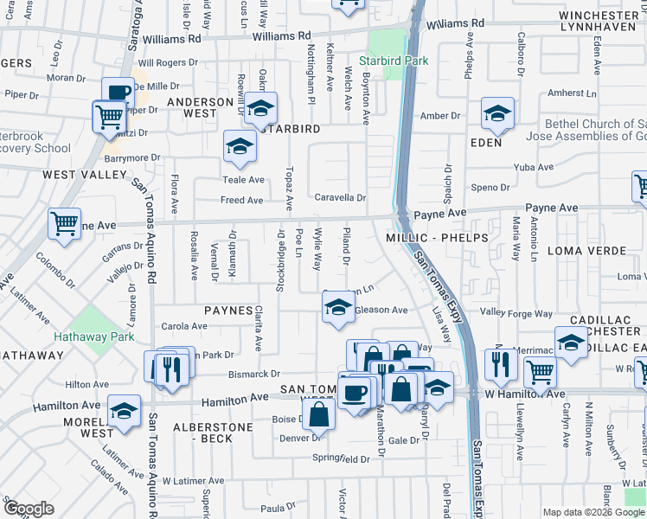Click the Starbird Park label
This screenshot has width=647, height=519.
[x=381, y=61]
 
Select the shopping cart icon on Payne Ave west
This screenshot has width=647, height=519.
[x=65, y=224]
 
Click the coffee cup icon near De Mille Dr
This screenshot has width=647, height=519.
[x=118, y=93]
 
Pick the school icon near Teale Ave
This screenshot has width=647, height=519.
[x=240, y=146]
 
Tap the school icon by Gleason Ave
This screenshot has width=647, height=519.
[x=338, y=306]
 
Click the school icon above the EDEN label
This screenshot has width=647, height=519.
[x=497, y=113]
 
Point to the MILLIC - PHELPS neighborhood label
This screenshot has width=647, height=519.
[x=437, y=237]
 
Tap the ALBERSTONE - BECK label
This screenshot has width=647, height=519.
[x=213, y=433]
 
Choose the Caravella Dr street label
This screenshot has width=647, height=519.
[x=340, y=197]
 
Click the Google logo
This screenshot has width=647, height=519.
[x=29, y=509]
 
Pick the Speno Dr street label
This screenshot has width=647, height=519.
[x=490, y=187]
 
